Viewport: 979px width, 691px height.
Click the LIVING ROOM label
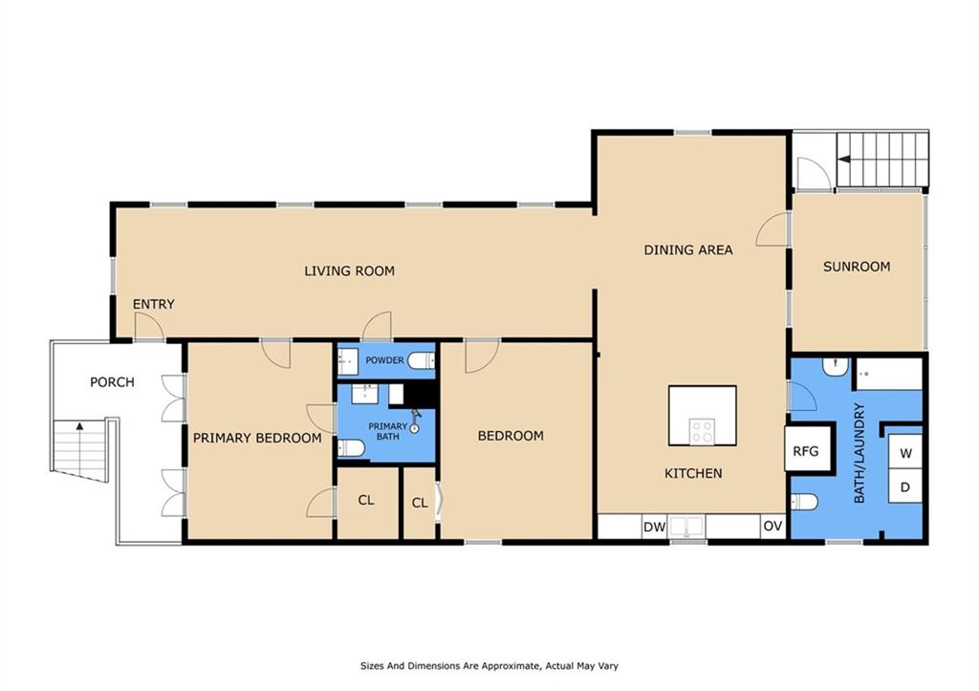(x=349, y=270)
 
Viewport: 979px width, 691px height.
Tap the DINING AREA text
(x=688, y=250)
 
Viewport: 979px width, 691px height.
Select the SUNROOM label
(x=857, y=267)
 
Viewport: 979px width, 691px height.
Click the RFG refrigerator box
(x=809, y=448)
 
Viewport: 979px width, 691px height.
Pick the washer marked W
(x=905, y=453)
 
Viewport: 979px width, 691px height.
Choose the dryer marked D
(x=905, y=486)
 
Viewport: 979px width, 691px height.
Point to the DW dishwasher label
(x=654, y=527)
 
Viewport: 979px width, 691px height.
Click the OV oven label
(x=772, y=527)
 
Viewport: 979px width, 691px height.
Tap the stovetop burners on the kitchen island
(x=702, y=430)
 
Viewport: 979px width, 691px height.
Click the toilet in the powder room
(x=422, y=361)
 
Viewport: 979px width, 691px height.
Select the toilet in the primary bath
(x=351, y=447)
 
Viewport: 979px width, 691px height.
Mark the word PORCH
(x=113, y=382)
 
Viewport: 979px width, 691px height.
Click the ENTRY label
(x=154, y=304)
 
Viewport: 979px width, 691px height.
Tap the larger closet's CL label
(x=366, y=500)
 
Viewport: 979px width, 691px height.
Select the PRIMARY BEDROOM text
(x=257, y=438)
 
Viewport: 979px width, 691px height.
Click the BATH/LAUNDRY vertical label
(x=859, y=453)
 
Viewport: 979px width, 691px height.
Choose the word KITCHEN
(x=693, y=474)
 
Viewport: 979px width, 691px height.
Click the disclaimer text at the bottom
(x=489, y=666)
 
